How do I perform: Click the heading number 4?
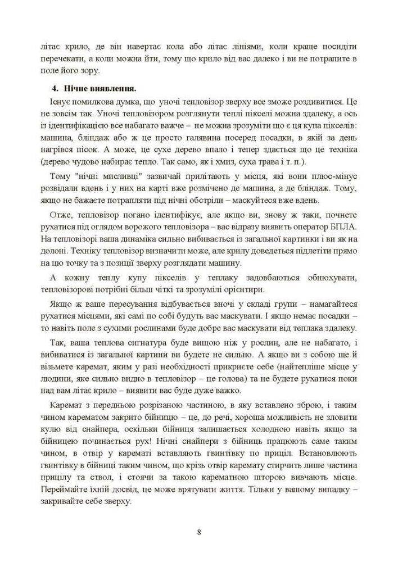pos(55,89)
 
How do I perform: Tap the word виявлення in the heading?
pos(112,89)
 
